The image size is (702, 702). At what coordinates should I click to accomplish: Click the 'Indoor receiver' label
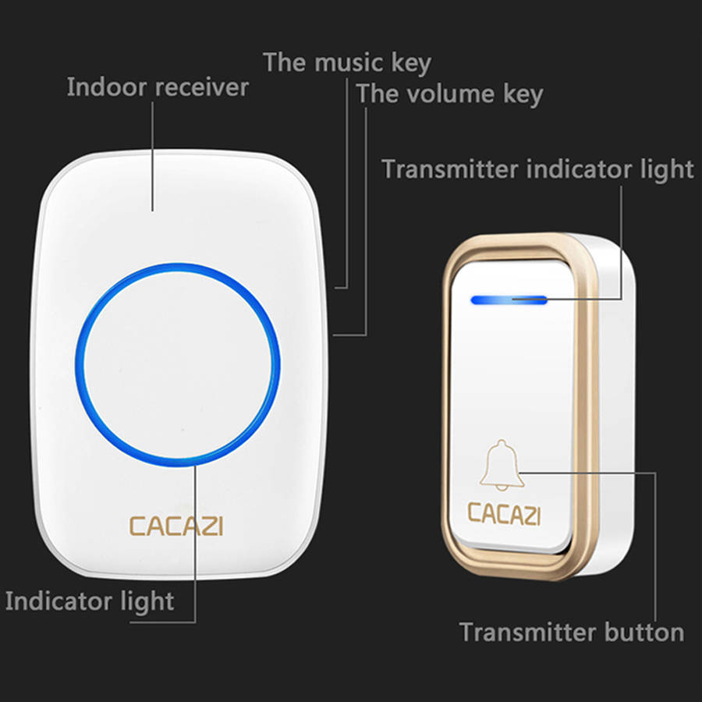158,87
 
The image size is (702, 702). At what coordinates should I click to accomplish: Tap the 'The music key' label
347,62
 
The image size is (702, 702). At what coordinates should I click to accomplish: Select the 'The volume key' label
449,94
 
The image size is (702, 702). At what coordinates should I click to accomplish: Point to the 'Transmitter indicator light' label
537,169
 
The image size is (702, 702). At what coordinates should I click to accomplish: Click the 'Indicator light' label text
90,601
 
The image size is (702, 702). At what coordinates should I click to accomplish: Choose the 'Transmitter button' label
572,632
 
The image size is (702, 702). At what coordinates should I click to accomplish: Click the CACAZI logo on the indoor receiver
176,526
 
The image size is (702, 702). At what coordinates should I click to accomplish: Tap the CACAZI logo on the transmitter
504,513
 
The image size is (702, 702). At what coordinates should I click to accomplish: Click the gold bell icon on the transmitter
502,465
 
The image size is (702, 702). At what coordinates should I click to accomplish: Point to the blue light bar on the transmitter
509,300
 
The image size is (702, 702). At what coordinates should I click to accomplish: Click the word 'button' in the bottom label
644,632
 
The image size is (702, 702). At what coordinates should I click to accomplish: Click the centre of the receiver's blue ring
178,365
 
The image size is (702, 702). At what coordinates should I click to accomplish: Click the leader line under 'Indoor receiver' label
152,156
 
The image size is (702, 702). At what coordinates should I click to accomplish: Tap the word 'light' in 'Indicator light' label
147,601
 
